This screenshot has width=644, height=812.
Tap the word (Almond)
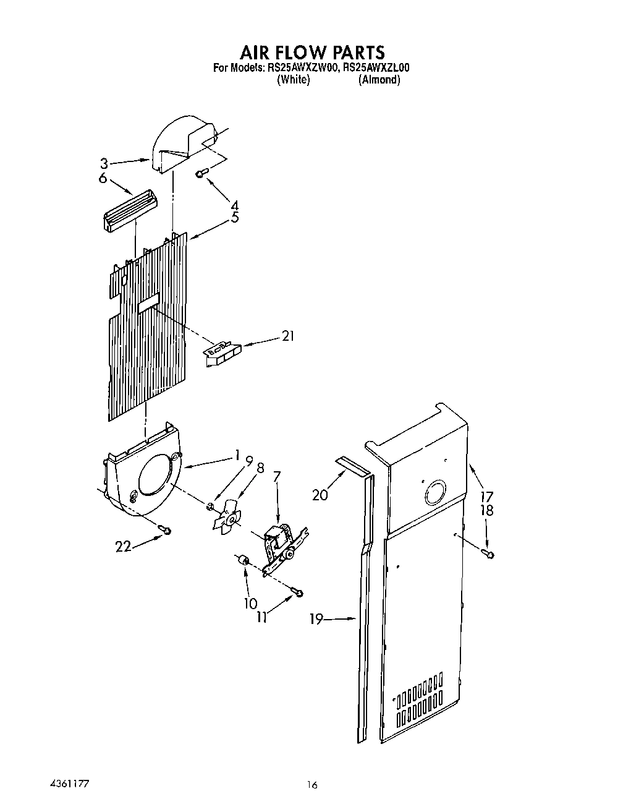(379, 80)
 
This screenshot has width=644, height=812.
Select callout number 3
(104, 164)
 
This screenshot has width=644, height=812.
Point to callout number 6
(103, 178)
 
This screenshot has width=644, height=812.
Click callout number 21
(287, 336)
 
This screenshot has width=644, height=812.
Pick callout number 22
(124, 547)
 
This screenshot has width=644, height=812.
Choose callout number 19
(316, 619)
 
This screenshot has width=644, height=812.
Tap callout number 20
(320, 495)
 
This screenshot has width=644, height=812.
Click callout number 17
(487, 496)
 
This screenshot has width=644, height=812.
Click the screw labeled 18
(488, 554)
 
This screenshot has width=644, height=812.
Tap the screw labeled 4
(200, 175)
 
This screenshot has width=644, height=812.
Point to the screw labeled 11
(299, 594)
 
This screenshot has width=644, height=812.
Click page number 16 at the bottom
(311, 785)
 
